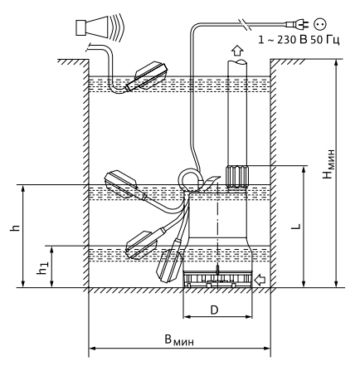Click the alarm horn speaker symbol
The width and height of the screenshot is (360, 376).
coord(100,27)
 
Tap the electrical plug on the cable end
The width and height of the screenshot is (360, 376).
coord(298,25)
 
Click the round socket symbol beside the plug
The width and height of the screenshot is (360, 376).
coord(320,24)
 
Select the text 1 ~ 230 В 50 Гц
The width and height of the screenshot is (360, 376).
coord(299,40)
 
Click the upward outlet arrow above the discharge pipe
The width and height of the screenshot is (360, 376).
coord(237,51)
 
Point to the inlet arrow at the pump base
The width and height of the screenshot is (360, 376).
coord(260,280)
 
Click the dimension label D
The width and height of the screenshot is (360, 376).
coord(214,310)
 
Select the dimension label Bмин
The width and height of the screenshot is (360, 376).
coord(179,340)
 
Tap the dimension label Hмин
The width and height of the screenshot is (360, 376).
coord(328,164)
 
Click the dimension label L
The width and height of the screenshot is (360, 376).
coord(296,227)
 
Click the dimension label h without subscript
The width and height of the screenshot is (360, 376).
coord(15,227)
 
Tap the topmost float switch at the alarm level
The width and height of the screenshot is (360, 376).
coord(147,76)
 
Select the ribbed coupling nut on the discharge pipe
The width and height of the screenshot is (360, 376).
coord(237,177)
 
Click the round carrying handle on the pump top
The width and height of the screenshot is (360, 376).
coord(190,180)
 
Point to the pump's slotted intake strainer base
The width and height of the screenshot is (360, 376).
coord(217,280)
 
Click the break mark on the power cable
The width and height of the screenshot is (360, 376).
coord(245,24)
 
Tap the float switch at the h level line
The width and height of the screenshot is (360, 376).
coord(125,185)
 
